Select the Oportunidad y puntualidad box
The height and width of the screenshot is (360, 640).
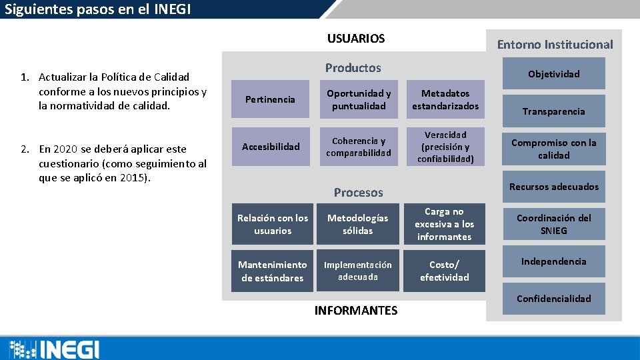tap(359, 100)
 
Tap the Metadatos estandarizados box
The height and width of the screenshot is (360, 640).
tap(445, 100)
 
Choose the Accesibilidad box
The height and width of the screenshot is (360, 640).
tap(270, 147)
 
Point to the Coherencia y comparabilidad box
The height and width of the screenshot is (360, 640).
tap(359, 147)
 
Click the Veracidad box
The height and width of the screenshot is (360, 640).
tap(445, 147)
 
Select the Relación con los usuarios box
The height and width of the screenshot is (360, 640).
tap(272, 225)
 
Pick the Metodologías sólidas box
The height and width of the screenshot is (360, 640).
tap(359, 225)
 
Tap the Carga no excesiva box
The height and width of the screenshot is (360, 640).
tap(445, 225)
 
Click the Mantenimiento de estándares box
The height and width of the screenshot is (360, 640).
tap(272, 271)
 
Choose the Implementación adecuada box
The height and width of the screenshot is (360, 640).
tap(359, 271)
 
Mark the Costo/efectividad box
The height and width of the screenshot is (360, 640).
tap(445, 271)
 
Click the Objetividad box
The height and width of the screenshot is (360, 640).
tap(554, 73)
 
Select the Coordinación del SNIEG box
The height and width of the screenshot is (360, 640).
tap(554, 225)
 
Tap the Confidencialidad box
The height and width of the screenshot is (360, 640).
tap(554, 299)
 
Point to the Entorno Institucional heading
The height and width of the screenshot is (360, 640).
tap(555, 45)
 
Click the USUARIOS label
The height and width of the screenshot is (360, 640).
tap(356, 39)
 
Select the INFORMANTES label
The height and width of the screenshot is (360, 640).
tap(356, 311)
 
